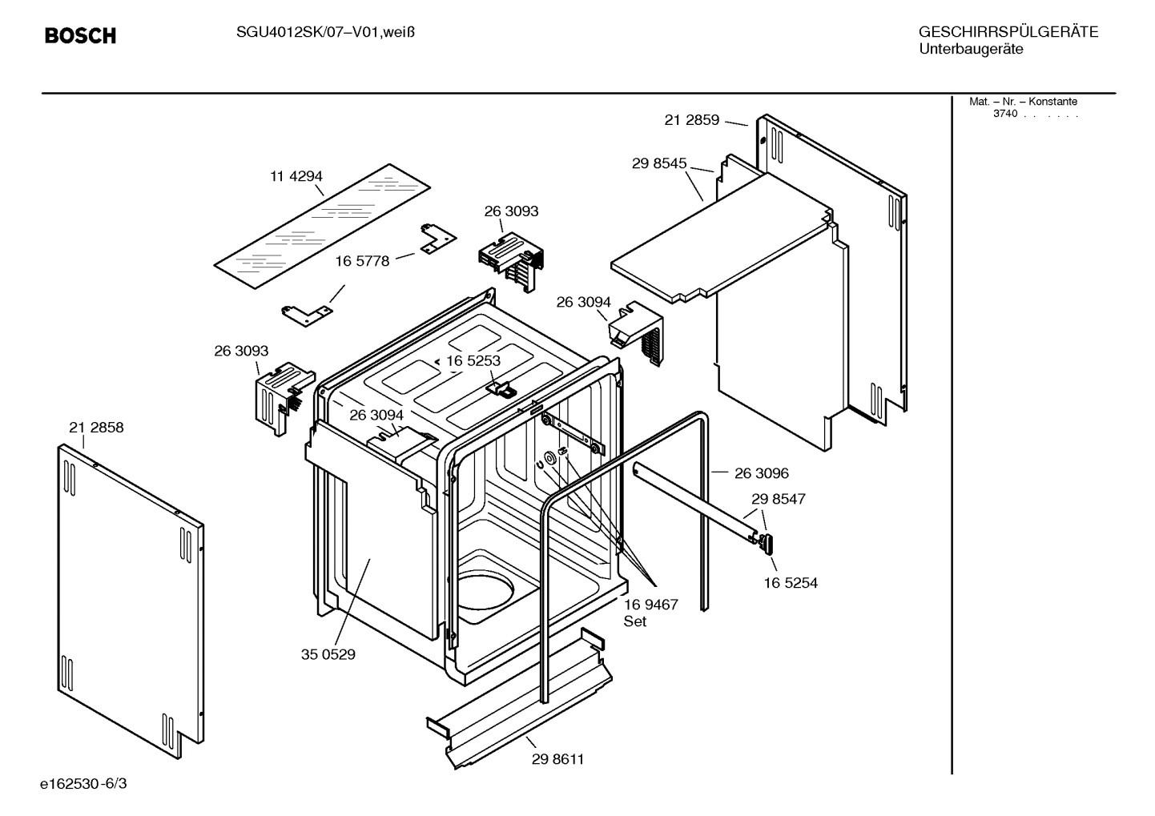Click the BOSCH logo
[x=80, y=36]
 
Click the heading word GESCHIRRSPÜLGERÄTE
[x=1008, y=32]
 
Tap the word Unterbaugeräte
[x=971, y=49]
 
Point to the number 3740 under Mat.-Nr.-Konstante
[x=1004, y=114]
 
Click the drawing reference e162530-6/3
[x=83, y=783]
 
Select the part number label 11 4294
[x=296, y=176]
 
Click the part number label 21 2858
[x=96, y=428]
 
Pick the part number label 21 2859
[x=692, y=120]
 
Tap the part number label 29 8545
[x=659, y=163]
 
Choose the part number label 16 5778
[x=362, y=261]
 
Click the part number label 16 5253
[x=473, y=360]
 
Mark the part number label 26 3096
[x=762, y=473]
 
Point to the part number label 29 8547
[x=779, y=499]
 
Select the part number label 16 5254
[x=791, y=583]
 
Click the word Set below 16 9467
[x=635, y=621]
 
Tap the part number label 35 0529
[x=328, y=654]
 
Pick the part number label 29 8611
[x=557, y=759]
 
